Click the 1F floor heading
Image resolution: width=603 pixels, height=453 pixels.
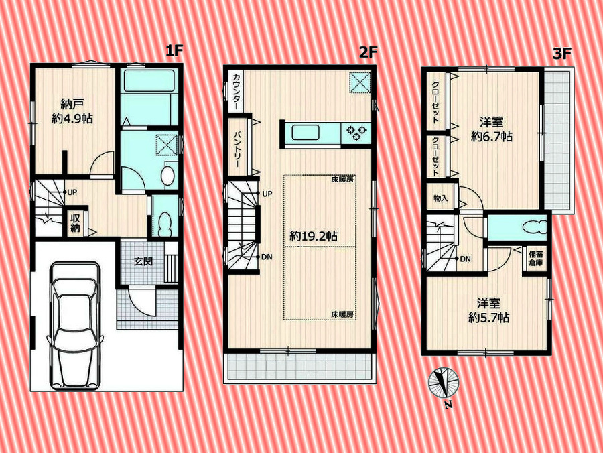(174, 50)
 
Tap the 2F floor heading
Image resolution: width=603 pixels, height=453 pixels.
(368, 52)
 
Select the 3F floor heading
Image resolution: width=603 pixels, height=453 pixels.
(562, 54)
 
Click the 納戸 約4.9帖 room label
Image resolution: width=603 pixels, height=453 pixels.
(72, 111)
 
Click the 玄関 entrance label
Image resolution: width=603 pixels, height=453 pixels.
(143, 261)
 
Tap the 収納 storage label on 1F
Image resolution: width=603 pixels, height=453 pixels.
(75, 222)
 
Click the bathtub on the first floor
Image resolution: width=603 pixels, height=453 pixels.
(149, 81)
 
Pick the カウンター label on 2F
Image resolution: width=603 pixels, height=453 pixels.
(236, 91)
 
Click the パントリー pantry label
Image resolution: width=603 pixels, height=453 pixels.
(237, 149)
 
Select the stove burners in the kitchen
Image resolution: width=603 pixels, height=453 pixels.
(356, 133)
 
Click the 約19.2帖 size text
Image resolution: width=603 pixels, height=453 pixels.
(314, 236)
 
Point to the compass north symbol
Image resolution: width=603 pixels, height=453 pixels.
(444, 383)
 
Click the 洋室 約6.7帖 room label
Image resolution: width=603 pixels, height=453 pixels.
(492, 129)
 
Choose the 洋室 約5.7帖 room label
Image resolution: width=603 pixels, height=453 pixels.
(489, 311)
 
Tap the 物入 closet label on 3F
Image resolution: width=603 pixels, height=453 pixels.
(441, 199)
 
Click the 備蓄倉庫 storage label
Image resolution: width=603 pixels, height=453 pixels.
(536, 259)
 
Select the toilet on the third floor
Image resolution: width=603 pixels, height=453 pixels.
(535, 227)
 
